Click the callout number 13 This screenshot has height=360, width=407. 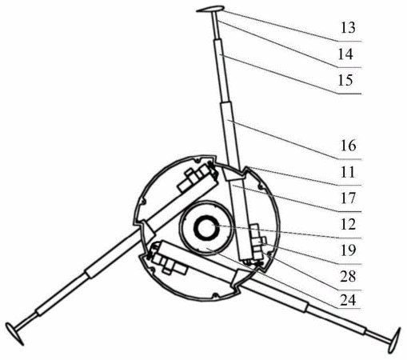[x=348, y=28]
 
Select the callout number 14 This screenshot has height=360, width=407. [x=345, y=54]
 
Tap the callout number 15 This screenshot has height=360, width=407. [x=345, y=80]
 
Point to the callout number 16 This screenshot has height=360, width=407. [x=348, y=146]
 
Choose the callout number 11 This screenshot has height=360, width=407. [x=348, y=172]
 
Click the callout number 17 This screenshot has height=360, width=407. [x=348, y=198]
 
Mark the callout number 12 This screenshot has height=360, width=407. [x=348, y=224]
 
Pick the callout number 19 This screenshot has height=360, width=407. [x=348, y=250]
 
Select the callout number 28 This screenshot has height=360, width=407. [x=348, y=277]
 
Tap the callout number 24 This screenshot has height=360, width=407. [x=348, y=301]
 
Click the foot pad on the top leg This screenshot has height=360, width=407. [x=209, y=9]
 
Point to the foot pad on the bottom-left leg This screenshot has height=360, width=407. [x=14, y=334]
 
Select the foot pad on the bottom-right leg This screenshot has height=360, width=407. [x=396, y=340]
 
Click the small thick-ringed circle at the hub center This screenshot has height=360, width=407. [x=205, y=227]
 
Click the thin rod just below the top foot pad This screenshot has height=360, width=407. [x=216, y=26]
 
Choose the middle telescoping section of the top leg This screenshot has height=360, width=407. [x=222, y=70]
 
